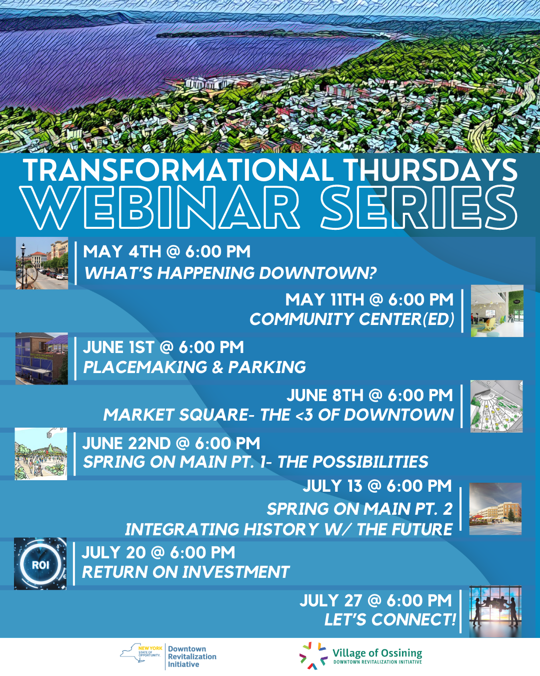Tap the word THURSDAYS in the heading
click(430, 170)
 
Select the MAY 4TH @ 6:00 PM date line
click(166, 251)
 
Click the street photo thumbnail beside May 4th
click(42, 263)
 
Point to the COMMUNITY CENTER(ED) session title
click(351, 319)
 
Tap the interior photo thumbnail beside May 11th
click(497, 310)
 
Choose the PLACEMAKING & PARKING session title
click(194, 367)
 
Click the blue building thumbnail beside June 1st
click(42, 359)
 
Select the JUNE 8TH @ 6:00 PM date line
click(369, 395)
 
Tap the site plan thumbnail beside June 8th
click(496, 406)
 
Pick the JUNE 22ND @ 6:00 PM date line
click(171, 443)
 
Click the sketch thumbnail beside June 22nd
click(41, 454)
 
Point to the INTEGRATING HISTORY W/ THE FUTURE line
click(288, 529)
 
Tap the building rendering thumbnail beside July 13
click(495, 509)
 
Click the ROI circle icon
click(40, 564)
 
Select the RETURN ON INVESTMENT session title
click(185, 572)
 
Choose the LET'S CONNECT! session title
click(390, 620)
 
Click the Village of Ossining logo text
click(377, 653)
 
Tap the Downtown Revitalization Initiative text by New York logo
click(192, 656)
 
